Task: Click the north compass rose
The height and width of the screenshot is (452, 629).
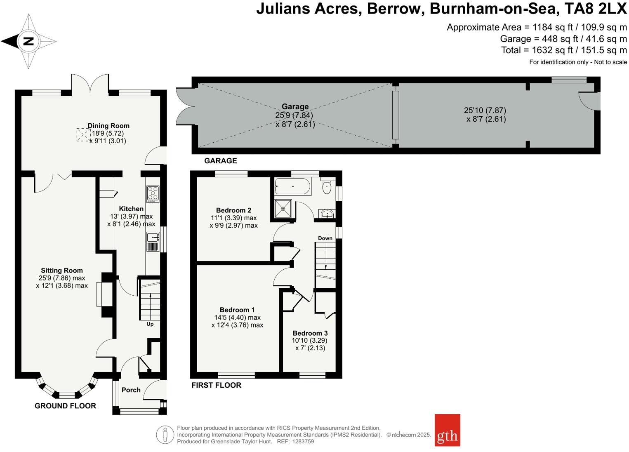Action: [28, 41]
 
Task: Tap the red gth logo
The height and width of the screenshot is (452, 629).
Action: [447, 430]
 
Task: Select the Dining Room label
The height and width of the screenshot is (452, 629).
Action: [108, 126]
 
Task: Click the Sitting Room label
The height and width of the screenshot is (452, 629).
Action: [62, 271]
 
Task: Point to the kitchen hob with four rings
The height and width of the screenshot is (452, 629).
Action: [153, 193]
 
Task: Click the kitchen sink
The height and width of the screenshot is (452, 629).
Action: [153, 237]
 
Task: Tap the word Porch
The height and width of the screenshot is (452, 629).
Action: [131, 390]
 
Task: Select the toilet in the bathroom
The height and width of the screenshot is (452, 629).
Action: [327, 187]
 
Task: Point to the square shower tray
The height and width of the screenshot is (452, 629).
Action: [283, 209]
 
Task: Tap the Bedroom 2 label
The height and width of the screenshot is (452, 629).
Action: [233, 210]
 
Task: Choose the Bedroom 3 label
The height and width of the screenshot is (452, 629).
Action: [310, 333]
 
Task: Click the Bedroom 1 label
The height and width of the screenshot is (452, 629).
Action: [237, 310]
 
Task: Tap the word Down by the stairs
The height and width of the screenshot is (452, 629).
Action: [325, 238]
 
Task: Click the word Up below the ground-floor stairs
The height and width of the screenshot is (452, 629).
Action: [150, 324]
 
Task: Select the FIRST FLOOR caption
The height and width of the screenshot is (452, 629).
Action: [216, 385]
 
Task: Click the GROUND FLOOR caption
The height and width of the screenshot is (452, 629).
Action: [65, 406]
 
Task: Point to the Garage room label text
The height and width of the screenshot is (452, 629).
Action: [295, 107]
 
